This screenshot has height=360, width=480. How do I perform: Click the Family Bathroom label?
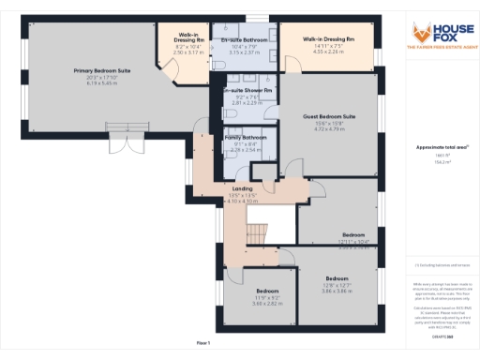pos(246,138)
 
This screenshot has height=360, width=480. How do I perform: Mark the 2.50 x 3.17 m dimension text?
pos(187,52)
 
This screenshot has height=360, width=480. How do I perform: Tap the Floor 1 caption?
pos(203,344)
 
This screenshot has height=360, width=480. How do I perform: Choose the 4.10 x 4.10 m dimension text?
pos(243,201)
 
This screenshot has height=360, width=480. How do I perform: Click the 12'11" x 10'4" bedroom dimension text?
pos(353,242)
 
